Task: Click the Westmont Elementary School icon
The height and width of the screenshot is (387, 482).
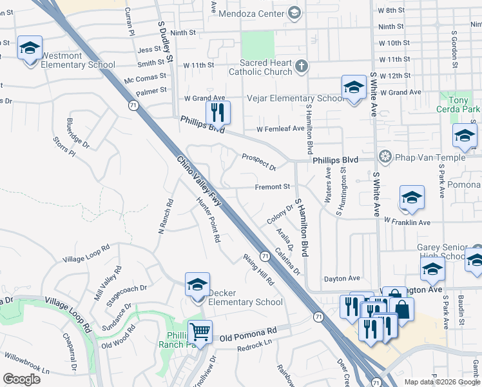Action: coord(30,48)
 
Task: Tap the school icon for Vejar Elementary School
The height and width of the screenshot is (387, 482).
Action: coord(353,87)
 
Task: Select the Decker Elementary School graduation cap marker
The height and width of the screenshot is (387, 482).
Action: coord(197,284)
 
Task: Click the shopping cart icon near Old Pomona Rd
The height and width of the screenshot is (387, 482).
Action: coord(200,332)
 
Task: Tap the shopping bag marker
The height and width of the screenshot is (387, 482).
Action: coord(401,309)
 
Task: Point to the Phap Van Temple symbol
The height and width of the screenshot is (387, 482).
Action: coord(385,157)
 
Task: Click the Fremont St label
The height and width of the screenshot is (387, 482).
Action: coord(273,187)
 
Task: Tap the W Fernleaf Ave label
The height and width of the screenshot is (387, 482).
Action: coord(280,129)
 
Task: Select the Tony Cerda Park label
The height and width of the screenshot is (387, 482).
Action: coord(459,105)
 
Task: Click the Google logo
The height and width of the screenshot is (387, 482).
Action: coord(21,379)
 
